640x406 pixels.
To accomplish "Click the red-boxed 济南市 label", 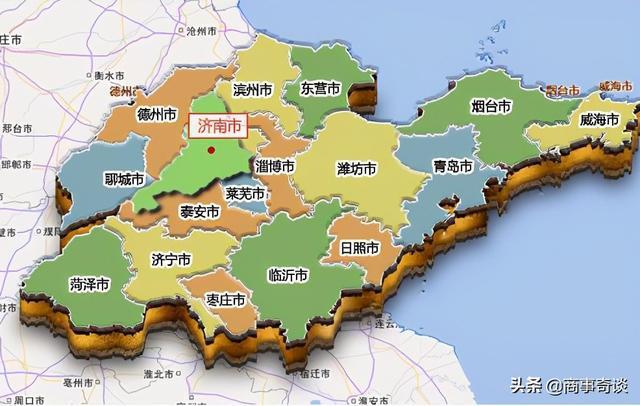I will (x=216, y=127).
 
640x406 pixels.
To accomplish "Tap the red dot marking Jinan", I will (x=211, y=151).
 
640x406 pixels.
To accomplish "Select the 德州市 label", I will (x=158, y=114).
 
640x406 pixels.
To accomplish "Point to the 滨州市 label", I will (x=253, y=90).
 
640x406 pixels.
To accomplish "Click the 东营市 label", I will (x=321, y=89).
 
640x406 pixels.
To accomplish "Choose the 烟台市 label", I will (x=491, y=106).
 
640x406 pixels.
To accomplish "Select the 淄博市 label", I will (x=275, y=166).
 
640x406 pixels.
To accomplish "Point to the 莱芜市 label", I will (x=245, y=193).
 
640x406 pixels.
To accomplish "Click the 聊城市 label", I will (x=124, y=181).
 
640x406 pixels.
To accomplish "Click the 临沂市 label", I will (x=288, y=273).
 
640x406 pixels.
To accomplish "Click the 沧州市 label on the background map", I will (x=205, y=31).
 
